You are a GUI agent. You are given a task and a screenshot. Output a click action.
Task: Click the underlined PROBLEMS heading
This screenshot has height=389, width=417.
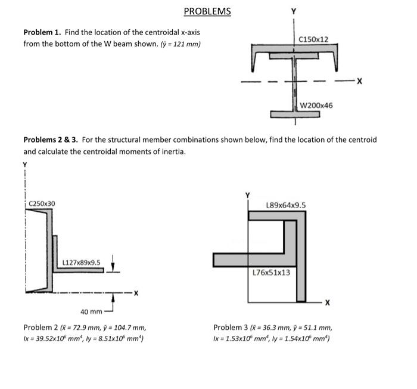pyautogui.click(x=207, y=11)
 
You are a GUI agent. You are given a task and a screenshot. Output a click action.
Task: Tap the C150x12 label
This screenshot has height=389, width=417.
pyautogui.click(x=313, y=39)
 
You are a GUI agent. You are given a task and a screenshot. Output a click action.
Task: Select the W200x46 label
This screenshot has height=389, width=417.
pyautogui.click(x=316, y=106)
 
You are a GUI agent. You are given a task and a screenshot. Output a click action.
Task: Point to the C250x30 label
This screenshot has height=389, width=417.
pyautogui.click(x=42, y=203)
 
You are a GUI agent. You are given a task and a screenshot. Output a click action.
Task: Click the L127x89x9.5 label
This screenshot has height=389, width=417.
pyautogui.click(x=82, y=263)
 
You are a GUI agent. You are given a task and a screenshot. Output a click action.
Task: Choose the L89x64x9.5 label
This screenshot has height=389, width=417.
pyautogui.click(x=286, y=205)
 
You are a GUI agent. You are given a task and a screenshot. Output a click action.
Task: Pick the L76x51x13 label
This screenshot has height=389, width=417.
pyautogui.click(x=271, y=273)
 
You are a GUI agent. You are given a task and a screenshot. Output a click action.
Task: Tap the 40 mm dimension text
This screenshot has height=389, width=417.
pyautogui.click(x=91, y=311)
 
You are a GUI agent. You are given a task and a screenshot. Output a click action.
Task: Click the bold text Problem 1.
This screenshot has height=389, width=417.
pyautogui.click(x=42, y=32)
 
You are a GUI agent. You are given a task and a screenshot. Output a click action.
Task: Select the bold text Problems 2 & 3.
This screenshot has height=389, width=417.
pyautogui.click(x=51, y=140)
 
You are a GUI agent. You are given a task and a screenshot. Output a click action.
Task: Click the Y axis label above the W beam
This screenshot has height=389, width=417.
pyautogui.click(x=294, y=11)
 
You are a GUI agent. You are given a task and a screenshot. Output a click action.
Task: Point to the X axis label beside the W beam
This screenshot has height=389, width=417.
pyautogui.click(x=359, y=81)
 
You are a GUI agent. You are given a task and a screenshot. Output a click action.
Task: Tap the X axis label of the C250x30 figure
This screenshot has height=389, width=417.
pyautogui.click(x=136, y=294)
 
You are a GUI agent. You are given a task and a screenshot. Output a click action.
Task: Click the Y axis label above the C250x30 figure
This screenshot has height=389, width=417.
pyautogui.click(x=25, y=165)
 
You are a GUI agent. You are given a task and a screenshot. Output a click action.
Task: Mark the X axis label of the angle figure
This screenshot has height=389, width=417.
pyautogui.click(x=328, y=302)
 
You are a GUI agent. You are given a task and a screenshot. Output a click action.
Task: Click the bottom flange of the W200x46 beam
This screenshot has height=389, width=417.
pyautogui.click(x=295, y=115)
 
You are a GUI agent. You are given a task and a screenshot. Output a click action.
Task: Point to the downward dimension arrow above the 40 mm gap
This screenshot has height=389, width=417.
pyautogui.click(x=113, y=263)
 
